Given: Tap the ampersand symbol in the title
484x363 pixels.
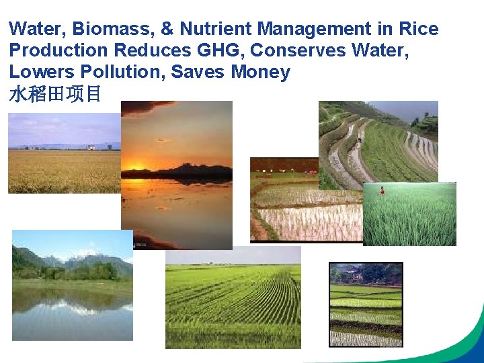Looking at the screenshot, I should point(166,29).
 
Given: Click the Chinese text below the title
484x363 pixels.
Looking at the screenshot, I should point(54,94).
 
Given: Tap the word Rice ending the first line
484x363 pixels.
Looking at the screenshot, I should point(418,29).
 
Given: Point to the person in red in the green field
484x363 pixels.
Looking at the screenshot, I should point(382,191).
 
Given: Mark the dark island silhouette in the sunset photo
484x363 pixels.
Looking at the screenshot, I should point(195,172).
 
